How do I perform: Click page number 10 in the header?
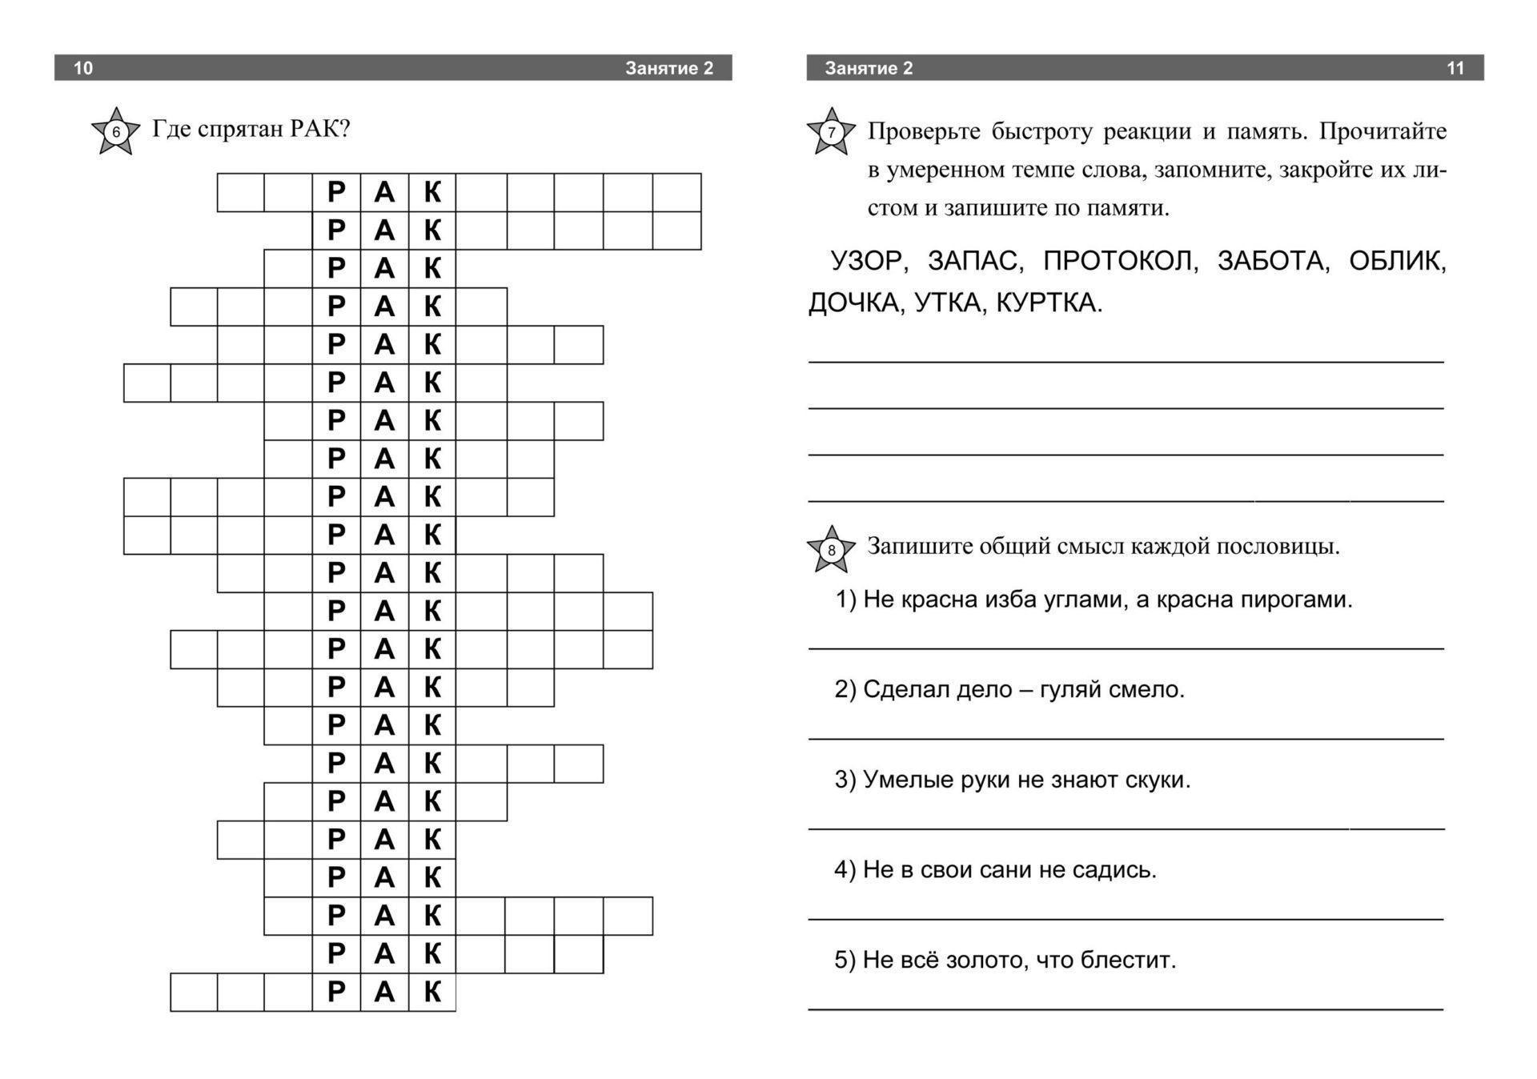tap(83, 68)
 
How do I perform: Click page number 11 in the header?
tap(1455, 68)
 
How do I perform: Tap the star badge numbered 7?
tap(831, 131)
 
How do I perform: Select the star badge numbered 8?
tap(831, 550)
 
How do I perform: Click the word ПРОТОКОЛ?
tap(1119, 261)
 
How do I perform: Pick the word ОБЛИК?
tap(1397, 261)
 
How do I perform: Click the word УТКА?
tap(948, 303)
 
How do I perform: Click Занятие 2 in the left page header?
tap(669, 68)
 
